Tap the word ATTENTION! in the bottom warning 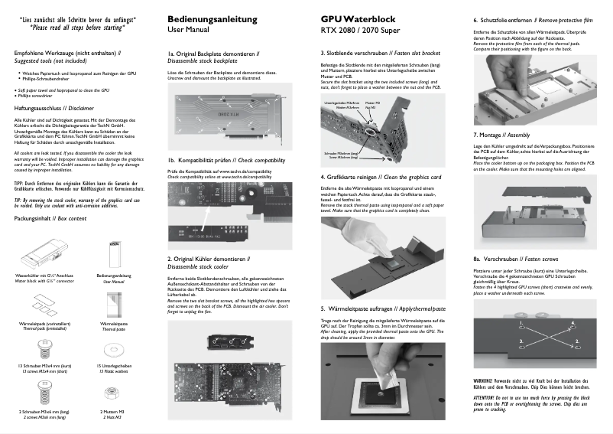pos(485,399)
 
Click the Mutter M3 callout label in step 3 pos(372,102)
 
